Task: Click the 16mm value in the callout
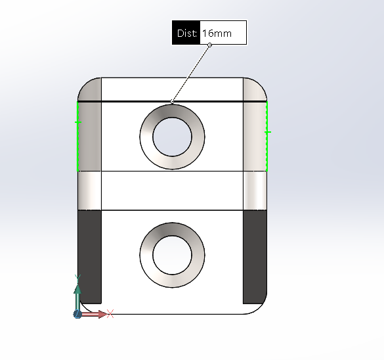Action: pyautogui.click(x=217, y=33)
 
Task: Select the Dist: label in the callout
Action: pyautogui.click(x=187, y=33)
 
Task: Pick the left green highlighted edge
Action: pyautogui.click(x=77, y=136)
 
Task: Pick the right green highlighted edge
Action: pyautogui.click(x=267, y=136)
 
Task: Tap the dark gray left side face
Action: pyautogui.click(x=89, y=257)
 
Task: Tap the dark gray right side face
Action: pyautogui.click(x=255, y=257)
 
